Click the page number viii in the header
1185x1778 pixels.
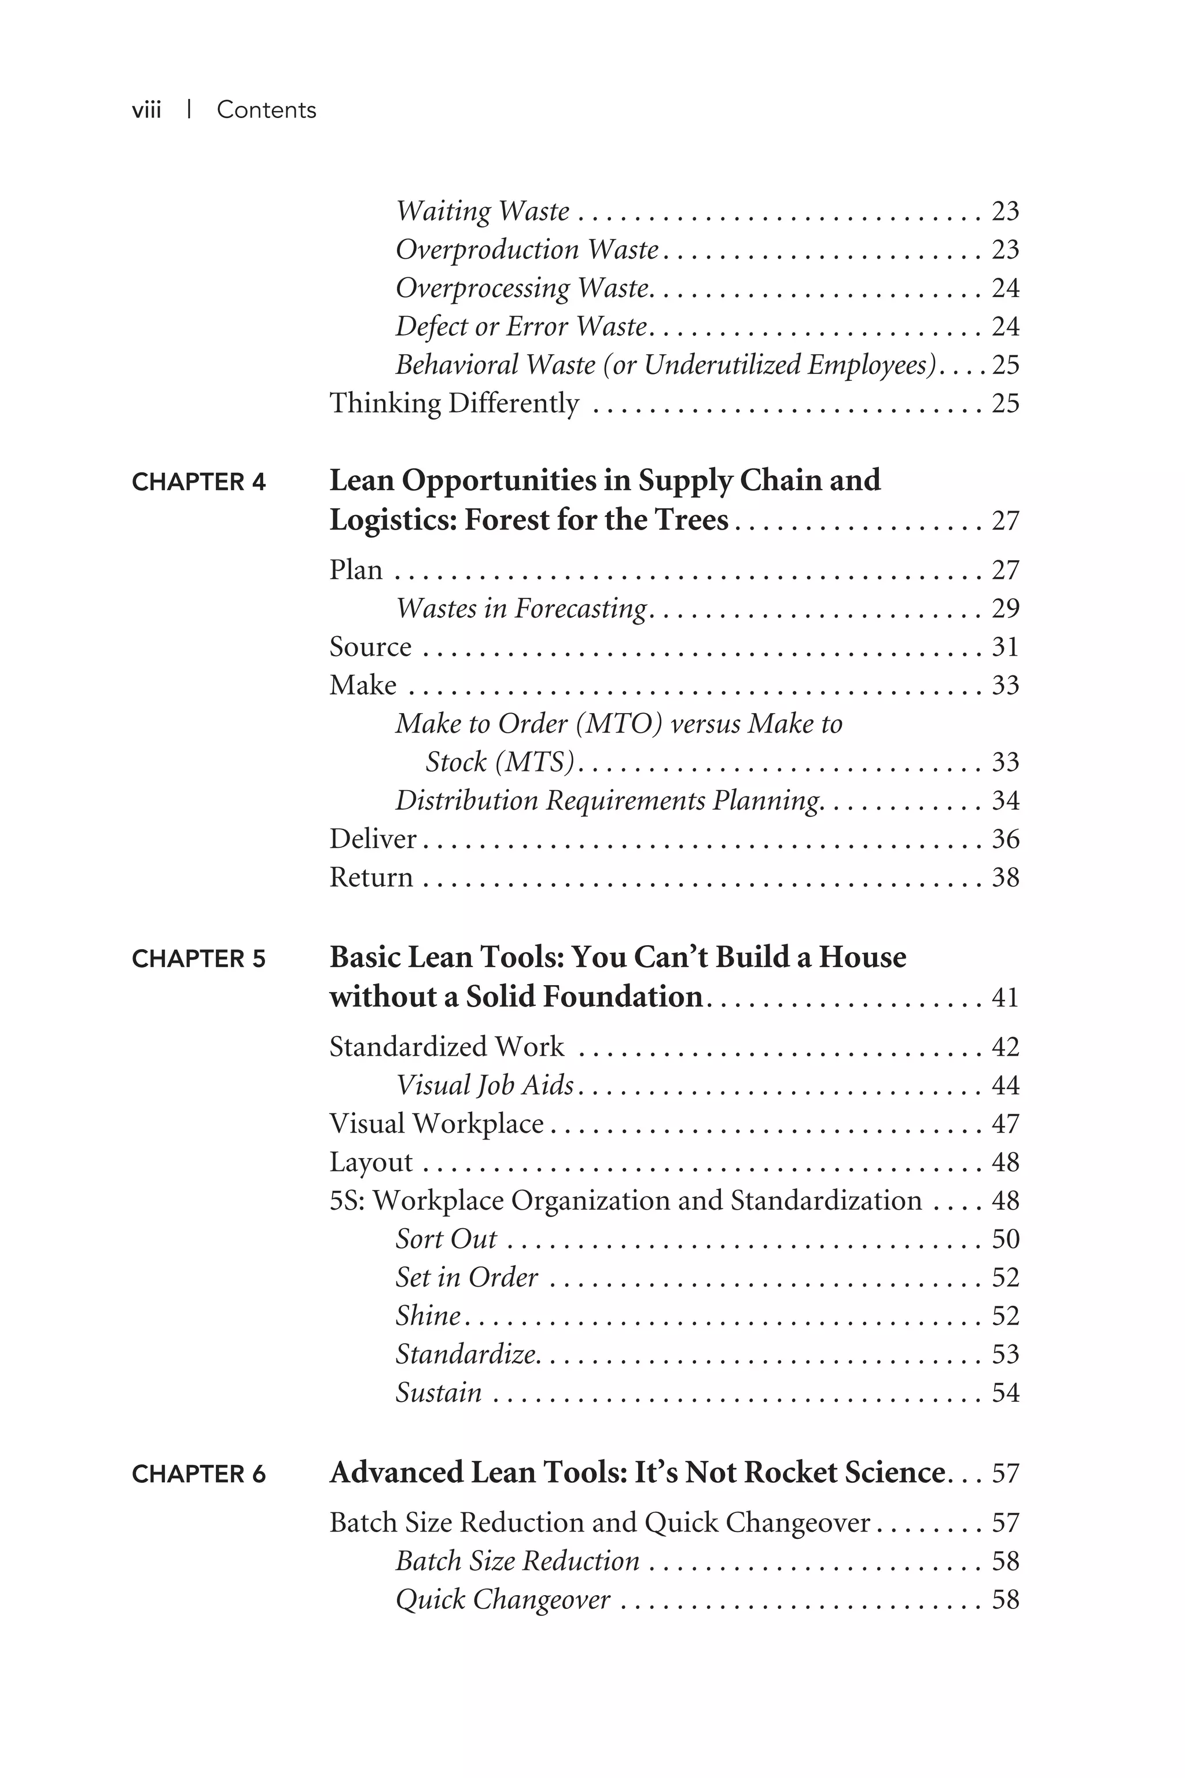point(146,111)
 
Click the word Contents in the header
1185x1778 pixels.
point(266,111)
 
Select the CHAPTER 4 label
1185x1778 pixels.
point(199,482)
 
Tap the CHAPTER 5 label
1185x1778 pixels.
point(199,959)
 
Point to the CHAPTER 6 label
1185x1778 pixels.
point(199,1474)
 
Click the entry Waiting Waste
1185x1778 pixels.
point(482,211)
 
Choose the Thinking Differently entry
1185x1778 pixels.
point(454,403)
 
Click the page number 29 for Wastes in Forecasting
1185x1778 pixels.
point(1005,608)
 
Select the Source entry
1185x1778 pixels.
point(370,647)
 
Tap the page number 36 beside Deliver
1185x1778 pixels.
point(1005,839)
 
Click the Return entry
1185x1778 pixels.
point(371,877)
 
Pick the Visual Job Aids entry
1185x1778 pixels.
point(484,1086)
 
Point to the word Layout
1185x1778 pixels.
point(371,1163)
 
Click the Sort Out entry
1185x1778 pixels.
point(446,1239)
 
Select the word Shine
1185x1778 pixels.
point(428,1316)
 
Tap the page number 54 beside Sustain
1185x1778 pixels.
point(1005,1393)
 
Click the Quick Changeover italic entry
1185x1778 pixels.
point(503,1600)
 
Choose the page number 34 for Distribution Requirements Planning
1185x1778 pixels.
point(1005,800)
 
